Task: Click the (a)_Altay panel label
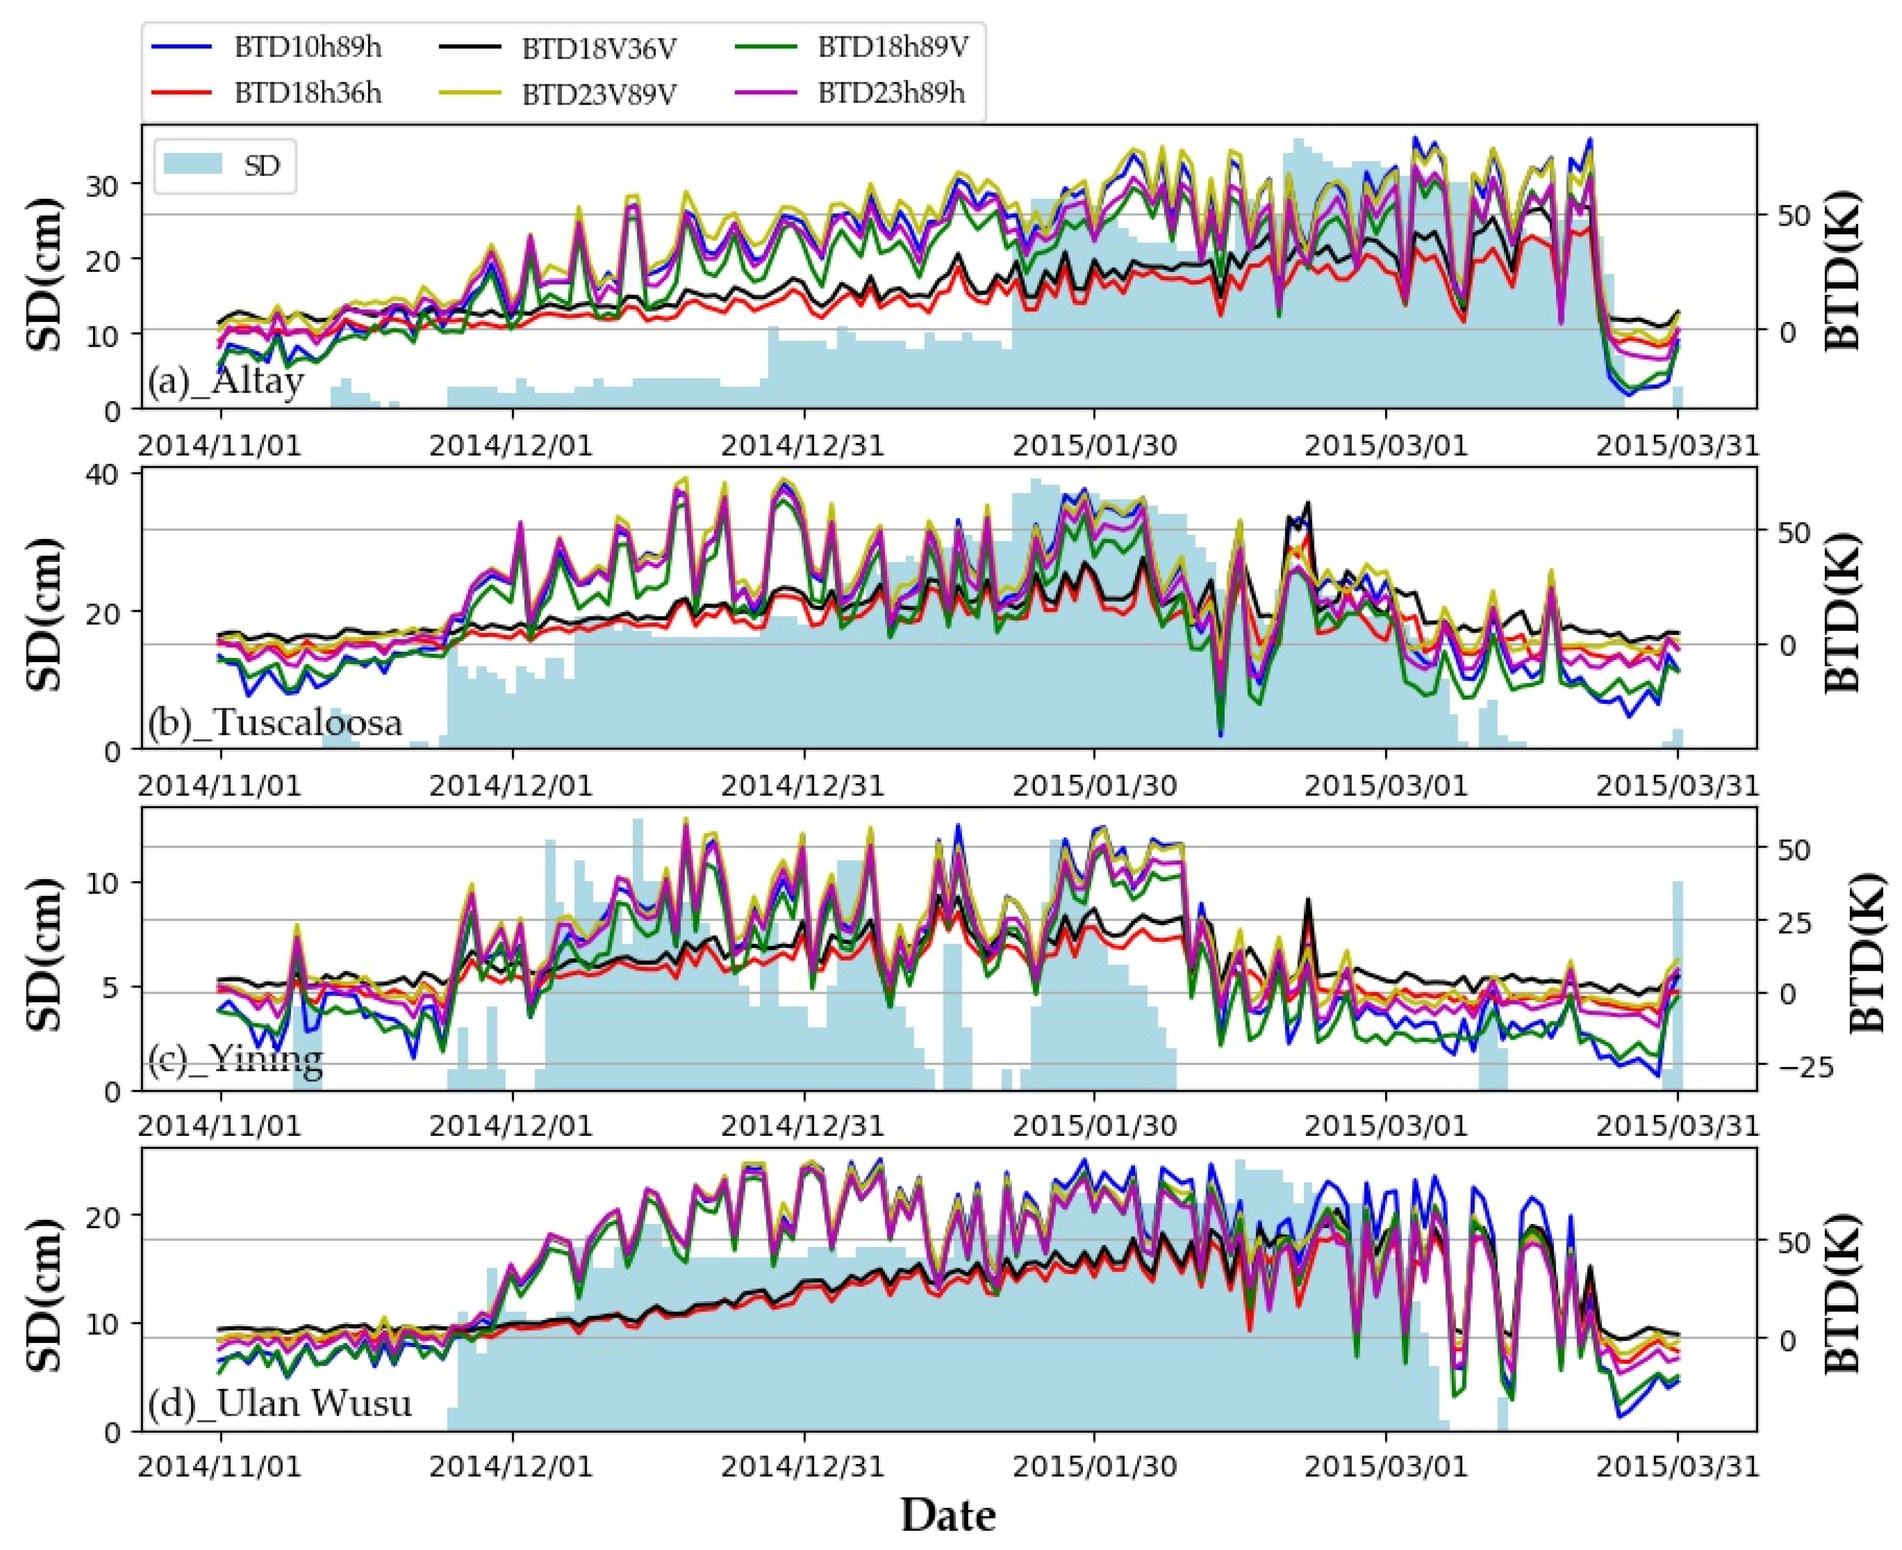tap(226, 382)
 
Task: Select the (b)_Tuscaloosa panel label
tap(275, 722)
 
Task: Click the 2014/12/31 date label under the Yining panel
tap(803, 1125)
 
